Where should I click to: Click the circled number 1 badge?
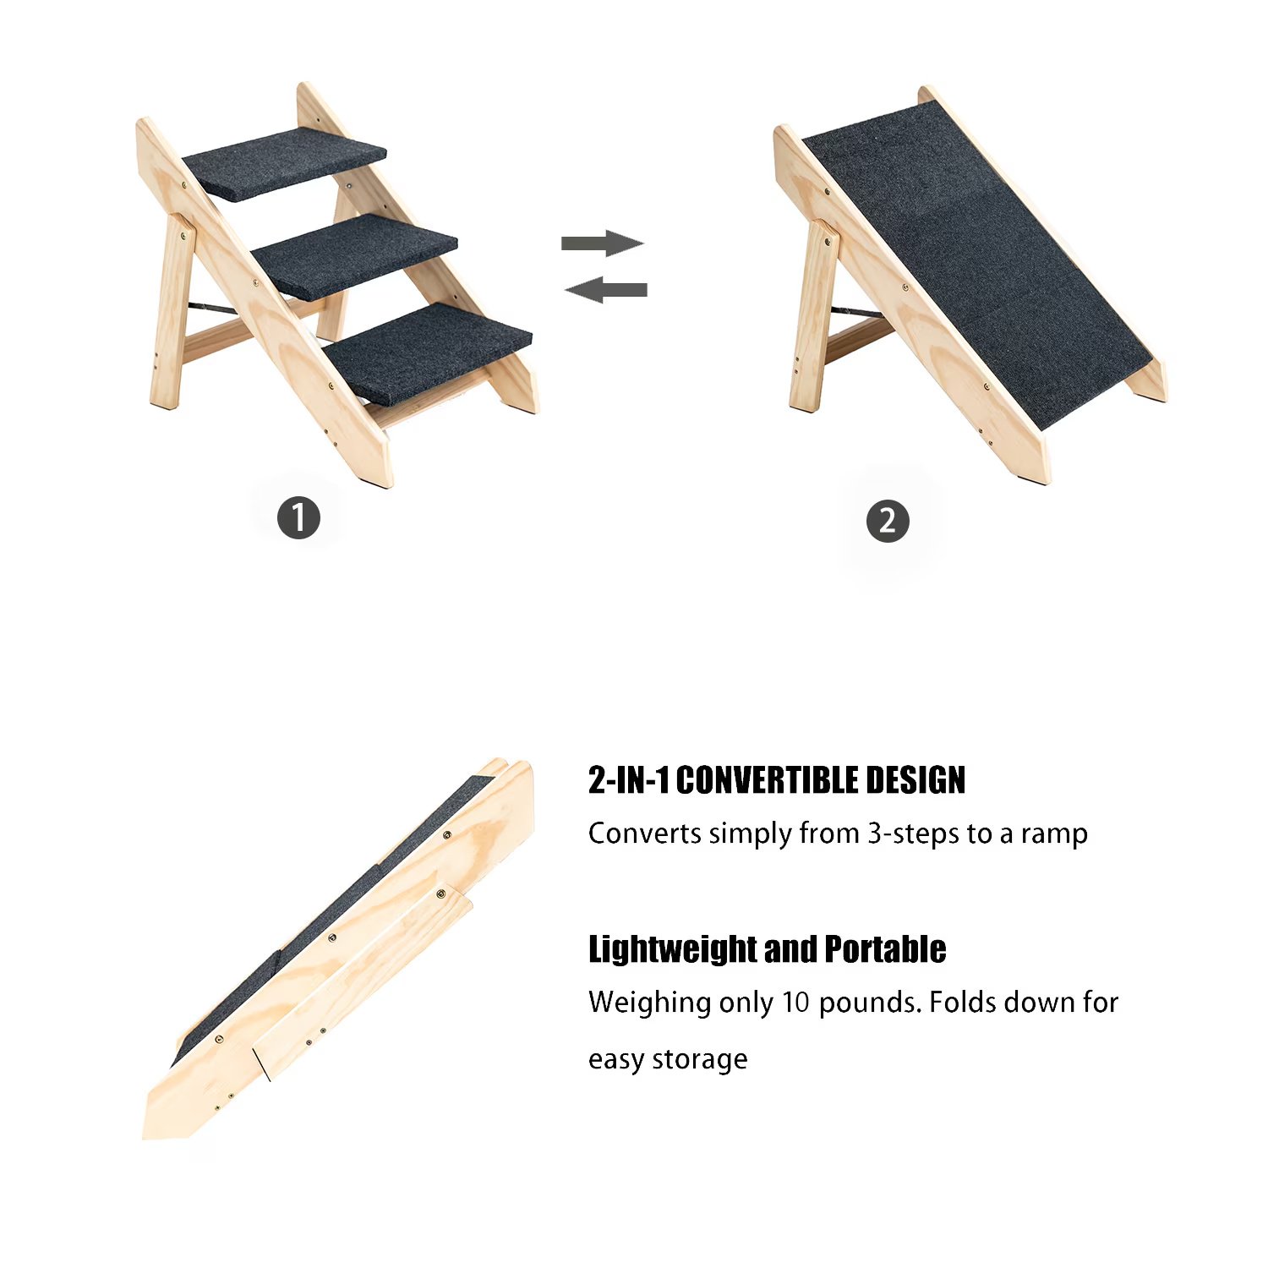pyautogui.click(x=299, y=517)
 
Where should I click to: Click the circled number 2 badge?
pyautogui.click(x=888, y=521)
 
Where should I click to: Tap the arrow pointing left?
pyautogui.click(x=606, y=290)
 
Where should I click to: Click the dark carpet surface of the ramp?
pyautogui.click(x=972, y=254)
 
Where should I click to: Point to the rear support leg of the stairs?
pyautogui.click(x=172, y=313)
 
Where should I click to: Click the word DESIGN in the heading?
pyautogui.click(x=922, y=780)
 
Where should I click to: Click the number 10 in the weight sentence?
pyautogui.click(x=795, y=1003)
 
